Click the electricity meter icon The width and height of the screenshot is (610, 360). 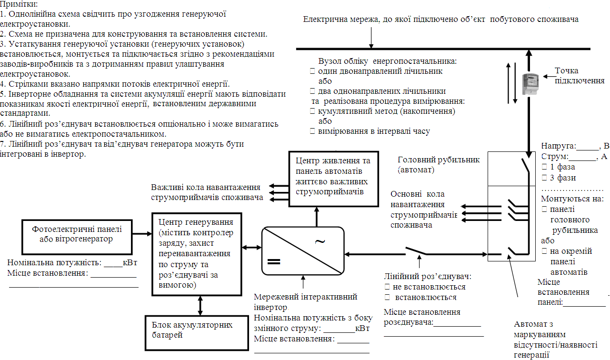(x=528, y=84)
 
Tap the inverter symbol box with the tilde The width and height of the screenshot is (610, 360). (x=303, y=250)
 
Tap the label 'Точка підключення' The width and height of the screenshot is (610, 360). (x=579, y=76)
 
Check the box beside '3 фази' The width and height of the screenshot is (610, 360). (x=544, y=178)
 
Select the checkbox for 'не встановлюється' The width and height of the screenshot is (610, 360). (x=387, y=287)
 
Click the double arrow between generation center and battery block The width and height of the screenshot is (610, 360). (x=200, y=305)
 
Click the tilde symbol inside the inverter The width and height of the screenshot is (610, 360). (x=320, y=241)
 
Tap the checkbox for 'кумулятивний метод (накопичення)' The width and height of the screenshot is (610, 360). (x=313, y=111)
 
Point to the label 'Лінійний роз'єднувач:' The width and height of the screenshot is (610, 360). (x=428, y=277)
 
